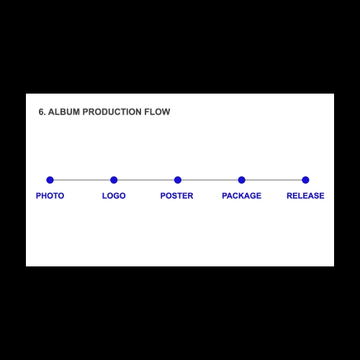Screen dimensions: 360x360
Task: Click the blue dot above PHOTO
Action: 50,180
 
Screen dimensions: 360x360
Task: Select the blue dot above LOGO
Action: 114,180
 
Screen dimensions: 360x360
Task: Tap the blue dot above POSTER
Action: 178,180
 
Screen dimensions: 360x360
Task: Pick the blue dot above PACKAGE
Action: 242,180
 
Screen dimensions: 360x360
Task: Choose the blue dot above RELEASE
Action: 305,180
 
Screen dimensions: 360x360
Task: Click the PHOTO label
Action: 50,196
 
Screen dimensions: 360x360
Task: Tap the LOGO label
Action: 114,196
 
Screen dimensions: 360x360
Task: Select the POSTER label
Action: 177,196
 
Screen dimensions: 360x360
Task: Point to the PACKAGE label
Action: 242,196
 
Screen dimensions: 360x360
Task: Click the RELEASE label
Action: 305,196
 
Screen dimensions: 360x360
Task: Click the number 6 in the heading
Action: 41,112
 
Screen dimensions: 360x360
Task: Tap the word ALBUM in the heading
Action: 64,112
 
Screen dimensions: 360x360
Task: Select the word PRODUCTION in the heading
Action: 112,112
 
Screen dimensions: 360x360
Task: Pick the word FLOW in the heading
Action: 157,112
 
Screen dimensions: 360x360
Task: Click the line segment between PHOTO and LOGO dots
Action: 82,180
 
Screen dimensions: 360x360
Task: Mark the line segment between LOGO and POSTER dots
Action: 145,180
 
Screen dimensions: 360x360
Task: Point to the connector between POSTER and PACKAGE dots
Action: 210,180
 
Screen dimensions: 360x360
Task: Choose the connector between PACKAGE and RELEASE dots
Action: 274,180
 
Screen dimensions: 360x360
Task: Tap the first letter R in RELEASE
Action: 289,196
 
